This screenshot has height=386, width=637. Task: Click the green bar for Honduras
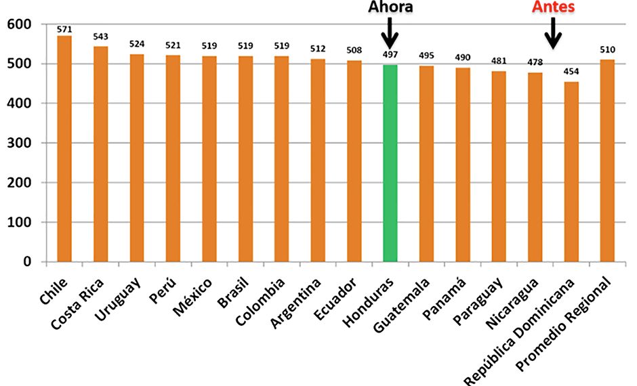tap(390, 163)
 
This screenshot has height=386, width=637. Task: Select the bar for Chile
tap(64, 149)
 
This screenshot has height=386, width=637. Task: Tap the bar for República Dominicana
tap(571, 172)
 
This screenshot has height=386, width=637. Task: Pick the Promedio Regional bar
tap(607, 160)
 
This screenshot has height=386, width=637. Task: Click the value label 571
tap(64, 29)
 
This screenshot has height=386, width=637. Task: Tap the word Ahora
tap(390, 7)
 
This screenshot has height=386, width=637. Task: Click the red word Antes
tap(554, 7)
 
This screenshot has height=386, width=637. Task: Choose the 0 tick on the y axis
tap(26, 261)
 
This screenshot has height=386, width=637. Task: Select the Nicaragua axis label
tap(513, 301)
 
